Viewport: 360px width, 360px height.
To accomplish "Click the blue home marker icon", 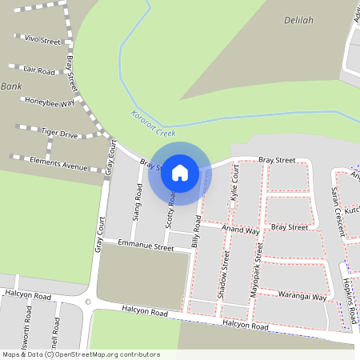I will (180, 173).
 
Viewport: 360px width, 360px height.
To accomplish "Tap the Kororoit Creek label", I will (152, 121).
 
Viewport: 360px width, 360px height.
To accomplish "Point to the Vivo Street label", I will (42, 39).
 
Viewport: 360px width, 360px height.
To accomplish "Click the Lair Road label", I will (39, 71).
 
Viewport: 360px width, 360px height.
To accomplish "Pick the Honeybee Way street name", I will (50, 102).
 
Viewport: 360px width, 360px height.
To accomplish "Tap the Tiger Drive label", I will (59, 134).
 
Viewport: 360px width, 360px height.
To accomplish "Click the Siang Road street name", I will (138, 203).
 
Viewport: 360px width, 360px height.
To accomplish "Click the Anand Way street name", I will (241, 230).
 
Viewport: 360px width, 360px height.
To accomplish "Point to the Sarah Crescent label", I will (338, 210).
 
